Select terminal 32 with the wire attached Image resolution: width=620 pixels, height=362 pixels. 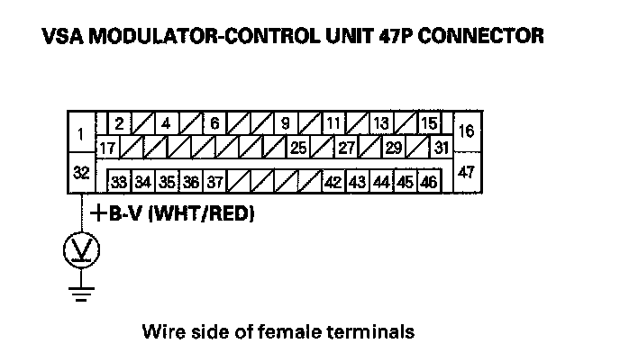coord(81,173)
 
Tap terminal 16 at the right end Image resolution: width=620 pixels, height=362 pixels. coord(465,131)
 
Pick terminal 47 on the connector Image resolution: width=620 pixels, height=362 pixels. coord(465,172)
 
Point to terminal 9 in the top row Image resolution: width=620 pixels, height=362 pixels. coord(285,123)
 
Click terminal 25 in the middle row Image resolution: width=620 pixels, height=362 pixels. coord(298,146)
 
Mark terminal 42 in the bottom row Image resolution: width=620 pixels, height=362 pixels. coord(332,181)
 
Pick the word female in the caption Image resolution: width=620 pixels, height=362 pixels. coord(296,332)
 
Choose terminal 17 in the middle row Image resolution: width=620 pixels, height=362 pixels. coord(109,146)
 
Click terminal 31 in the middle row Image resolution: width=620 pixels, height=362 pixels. coord(441,146)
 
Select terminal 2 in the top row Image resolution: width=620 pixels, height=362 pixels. coord(119,123)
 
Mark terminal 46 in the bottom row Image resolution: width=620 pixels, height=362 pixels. coord(428,181)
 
